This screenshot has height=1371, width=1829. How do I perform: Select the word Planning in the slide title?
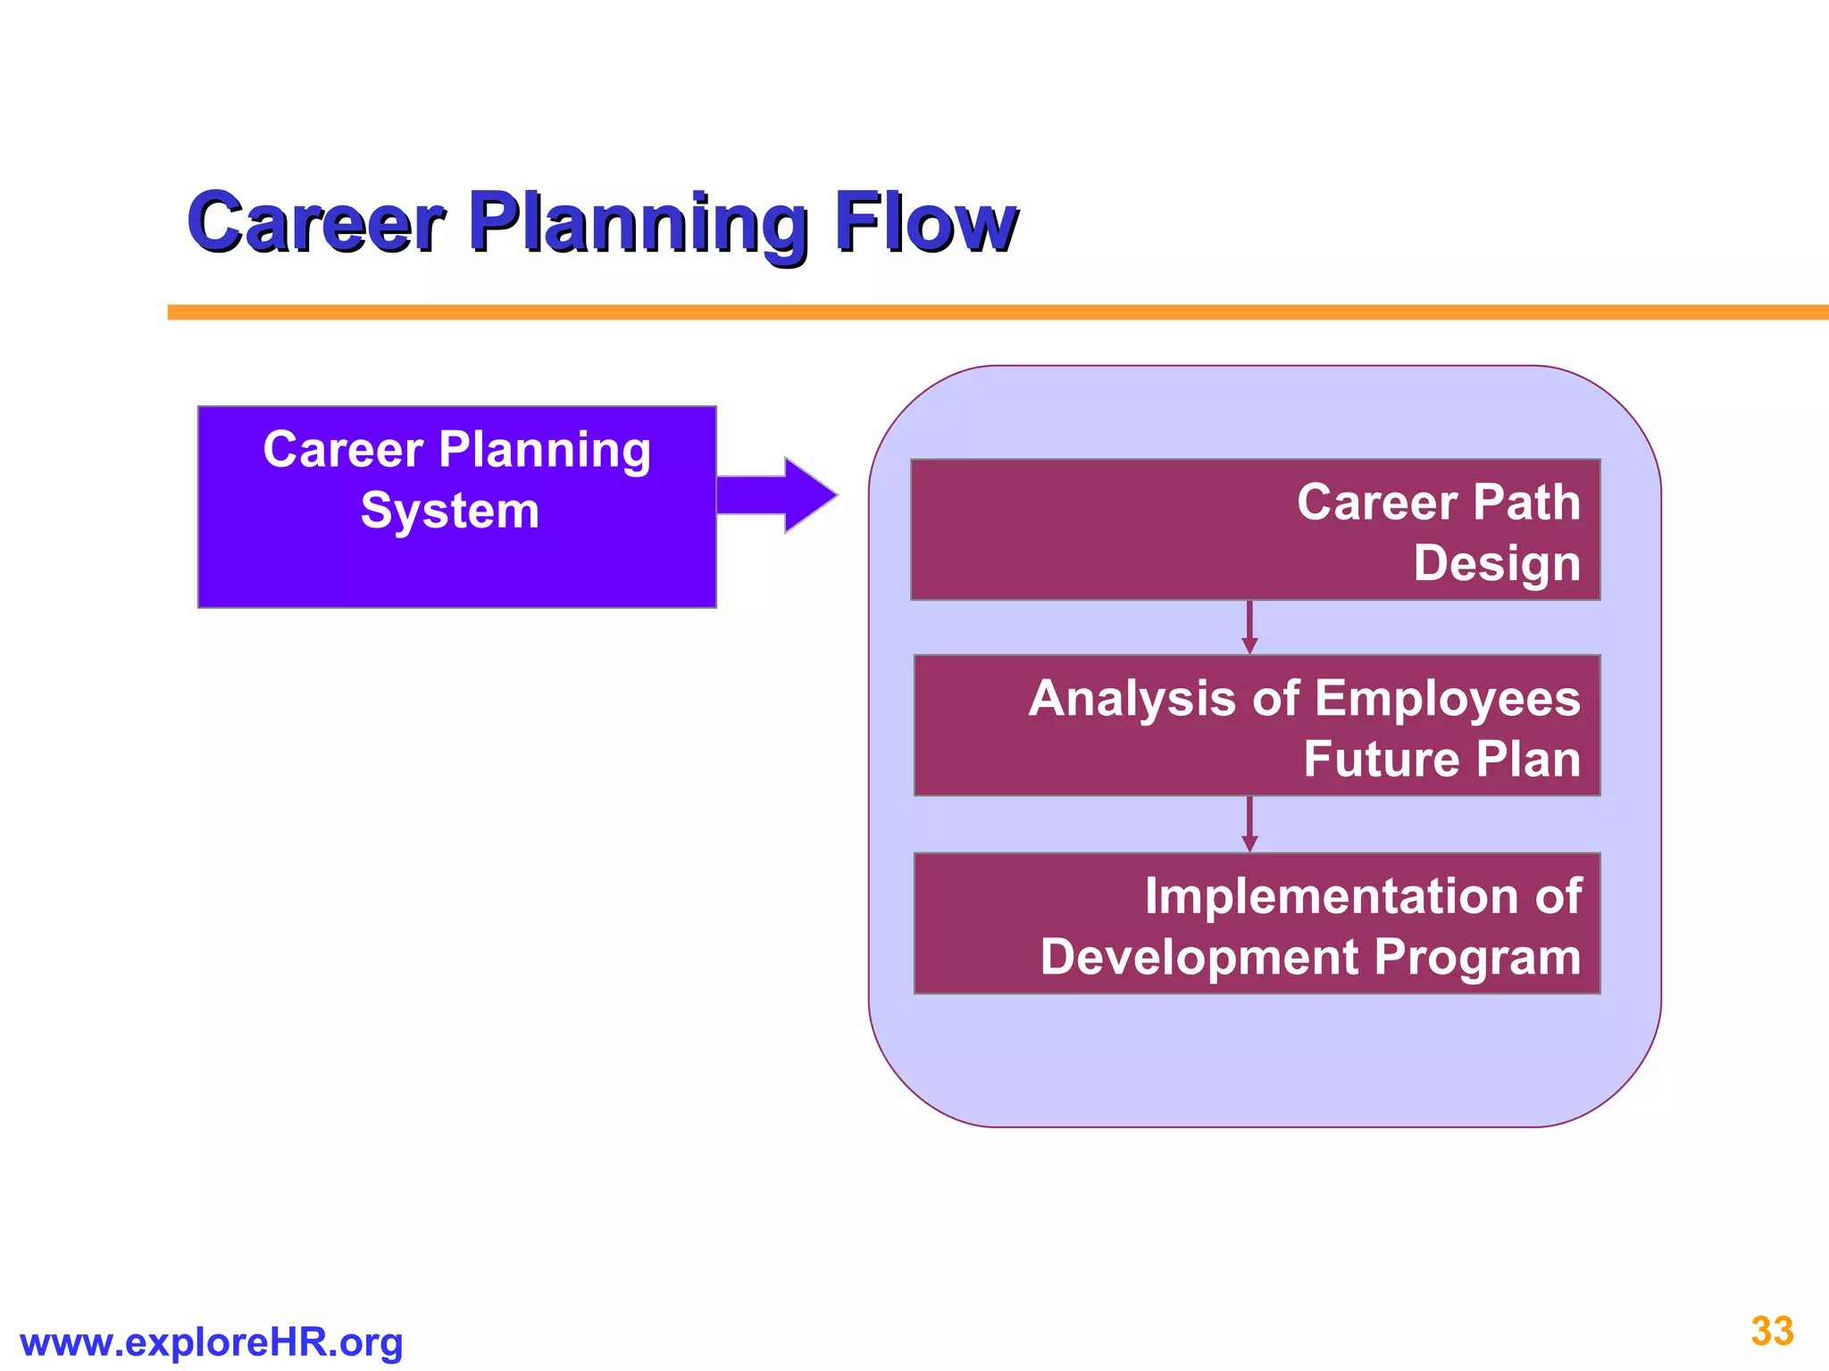[x=638, y=223]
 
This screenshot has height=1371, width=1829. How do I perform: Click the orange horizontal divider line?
[x=982, y=312]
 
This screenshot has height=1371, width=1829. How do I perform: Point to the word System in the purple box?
[x=450, y=511]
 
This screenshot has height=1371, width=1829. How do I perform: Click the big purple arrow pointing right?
[x=775, y=495]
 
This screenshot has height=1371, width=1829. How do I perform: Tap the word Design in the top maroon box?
[x=1497, y=563]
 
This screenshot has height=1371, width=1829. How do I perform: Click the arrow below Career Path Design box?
[x=1249, y=627]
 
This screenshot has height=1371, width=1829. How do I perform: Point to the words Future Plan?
[x=1441, y=759]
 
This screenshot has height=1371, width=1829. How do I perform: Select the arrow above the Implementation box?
[x=1249, y=825]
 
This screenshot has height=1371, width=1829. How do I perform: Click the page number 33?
[x=1772, y=1331]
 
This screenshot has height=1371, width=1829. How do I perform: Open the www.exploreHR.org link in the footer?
[x=212, y=1342]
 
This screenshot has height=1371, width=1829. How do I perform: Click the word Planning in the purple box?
[x=545, y=450]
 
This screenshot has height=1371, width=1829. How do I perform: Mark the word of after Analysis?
[x=1275, y=698]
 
